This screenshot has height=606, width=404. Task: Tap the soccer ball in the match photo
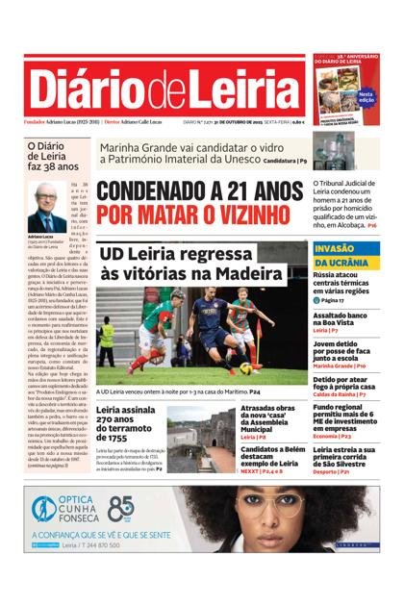(x=246, y=368)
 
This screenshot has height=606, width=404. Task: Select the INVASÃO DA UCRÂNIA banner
(x=345, y=255)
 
